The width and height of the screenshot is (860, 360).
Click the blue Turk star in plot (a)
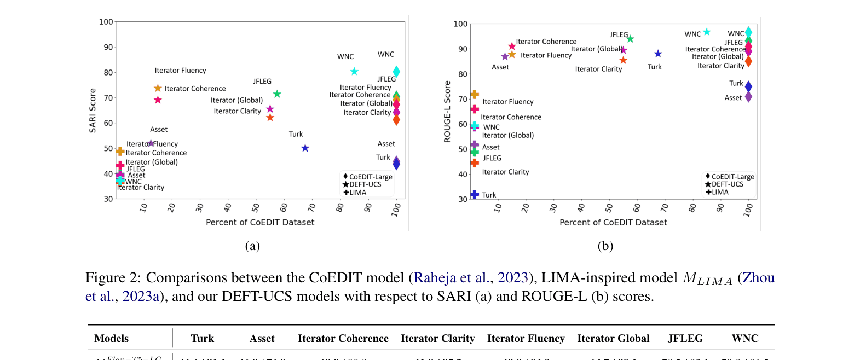tap(305, 148)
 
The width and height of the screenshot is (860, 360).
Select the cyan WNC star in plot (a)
tap(354, 72)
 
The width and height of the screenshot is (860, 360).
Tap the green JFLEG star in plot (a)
tap(277, 94)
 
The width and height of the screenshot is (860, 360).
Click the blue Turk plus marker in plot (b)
tap(475, 195)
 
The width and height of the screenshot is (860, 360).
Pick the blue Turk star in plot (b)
tap(658, 54)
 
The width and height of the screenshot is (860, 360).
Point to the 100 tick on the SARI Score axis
tap(106, 22)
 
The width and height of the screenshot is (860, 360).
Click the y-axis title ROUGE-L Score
tap(447, 112)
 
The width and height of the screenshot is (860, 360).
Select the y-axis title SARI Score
tap(93, 111)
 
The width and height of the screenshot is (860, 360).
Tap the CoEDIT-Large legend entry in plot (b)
tap(732, 177)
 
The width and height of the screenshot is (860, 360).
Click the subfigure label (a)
tap(252, 246)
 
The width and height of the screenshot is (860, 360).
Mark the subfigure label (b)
tap(605, 246)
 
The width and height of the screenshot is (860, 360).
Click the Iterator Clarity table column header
tap(437, 339)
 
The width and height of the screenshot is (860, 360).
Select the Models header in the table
tap(111, 339)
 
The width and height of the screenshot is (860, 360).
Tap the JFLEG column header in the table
tap(685, 339)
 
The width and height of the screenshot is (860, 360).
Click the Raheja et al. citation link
tap(452, 278)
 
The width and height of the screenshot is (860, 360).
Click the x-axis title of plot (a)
tap(260, 222)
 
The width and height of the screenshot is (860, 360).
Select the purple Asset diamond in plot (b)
tap(748, 97)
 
